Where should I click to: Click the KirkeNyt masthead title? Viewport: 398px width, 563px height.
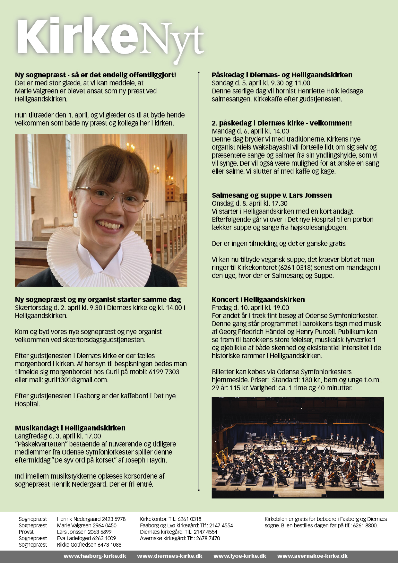(x=109, y=39)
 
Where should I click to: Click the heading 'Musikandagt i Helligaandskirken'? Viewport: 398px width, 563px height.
(x=70, y=428)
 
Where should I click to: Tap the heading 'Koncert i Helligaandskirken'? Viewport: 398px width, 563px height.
(x=258, y=299)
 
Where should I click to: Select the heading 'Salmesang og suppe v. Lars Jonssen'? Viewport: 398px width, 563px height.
(x=272, y=195)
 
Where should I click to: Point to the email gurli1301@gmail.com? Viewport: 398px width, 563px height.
(x=76, y=380)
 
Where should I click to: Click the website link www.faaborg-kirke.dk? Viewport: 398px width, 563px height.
(x=95, y=556)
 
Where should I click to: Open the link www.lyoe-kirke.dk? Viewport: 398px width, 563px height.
(x=240, y=556)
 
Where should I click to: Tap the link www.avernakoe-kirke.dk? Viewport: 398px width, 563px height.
(x=312, y=556)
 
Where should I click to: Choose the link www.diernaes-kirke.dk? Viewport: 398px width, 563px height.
(x=169, y=556)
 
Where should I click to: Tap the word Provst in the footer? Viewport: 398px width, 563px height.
(x=26, y=532)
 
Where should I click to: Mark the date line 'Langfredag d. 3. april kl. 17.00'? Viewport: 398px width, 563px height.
(x=58, y=436)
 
